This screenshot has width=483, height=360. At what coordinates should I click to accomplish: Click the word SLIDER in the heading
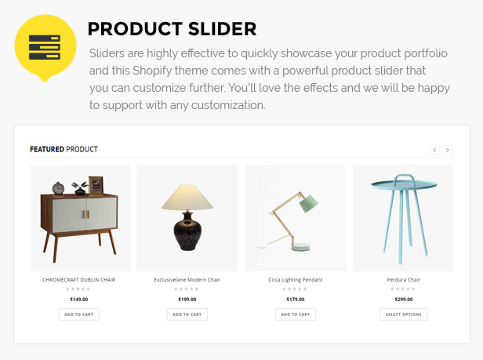click(222, 29)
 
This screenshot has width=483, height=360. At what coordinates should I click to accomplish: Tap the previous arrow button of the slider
click(434, 150)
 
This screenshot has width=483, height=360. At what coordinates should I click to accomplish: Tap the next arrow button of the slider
click(448, 150)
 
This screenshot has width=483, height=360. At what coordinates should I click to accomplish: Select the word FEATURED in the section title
click(47, 149)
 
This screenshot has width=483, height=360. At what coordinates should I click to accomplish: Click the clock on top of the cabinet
click(58, 188)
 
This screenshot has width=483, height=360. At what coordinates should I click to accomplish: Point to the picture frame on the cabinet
click(96, 185)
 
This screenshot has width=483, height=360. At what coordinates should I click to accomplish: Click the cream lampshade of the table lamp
click(187, 198)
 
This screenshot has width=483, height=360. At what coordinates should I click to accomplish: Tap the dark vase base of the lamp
click(187, 231)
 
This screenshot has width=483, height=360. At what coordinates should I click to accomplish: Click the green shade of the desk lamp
click(308, 203)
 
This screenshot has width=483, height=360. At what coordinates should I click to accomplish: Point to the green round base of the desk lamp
click(300, 246)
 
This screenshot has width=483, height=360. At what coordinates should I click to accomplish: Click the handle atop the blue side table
click(404, 179)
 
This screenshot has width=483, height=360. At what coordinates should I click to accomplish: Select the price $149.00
click(79, 300)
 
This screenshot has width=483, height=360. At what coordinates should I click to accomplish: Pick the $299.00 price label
click(404, 300)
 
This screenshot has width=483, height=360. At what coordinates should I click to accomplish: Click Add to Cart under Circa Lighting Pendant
click(296, 315)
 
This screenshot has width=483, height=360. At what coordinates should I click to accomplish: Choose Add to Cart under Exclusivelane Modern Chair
click(187, 315)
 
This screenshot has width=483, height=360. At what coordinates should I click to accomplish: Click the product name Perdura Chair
click(404, 280)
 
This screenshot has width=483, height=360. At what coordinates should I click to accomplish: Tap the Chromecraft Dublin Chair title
click(79, 280)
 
